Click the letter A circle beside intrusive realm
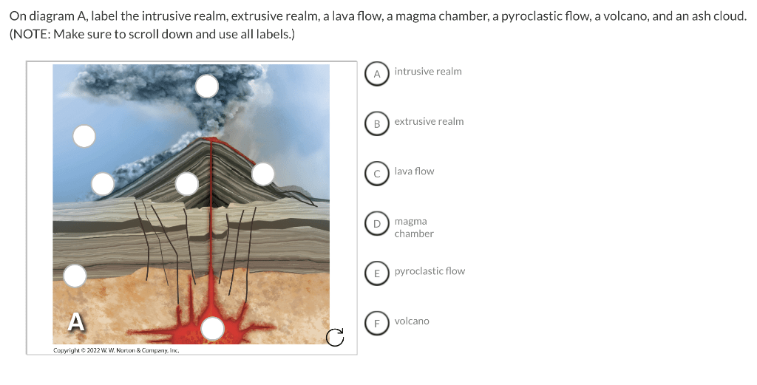pyautogui.click(x=377, y=74)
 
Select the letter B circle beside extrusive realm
pyautogui.click(x=377, y=123)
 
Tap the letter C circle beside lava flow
pyautogui.click(x=377, y=174)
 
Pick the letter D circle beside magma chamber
pyautogui.click(x=377, y=223)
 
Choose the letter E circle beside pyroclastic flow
pyautogui.click(x=377, y=273)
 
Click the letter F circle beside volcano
pyautogui.click(x=377, y=323)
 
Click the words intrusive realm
pyautogui.click(x=427, y=72)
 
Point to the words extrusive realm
pyautogui.click(x=429, y=121)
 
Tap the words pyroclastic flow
pyautogui.click(x=430, y=271)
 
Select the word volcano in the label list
pyautogui.click(x=411, y=321)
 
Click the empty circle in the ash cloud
pyautogui.click(x=207, y=86)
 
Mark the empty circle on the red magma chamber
pyautogui.click(x=213, y=328)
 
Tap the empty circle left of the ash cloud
pyautogui.click(x=84, y=135)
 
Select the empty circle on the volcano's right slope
pyautogui.click(x=262, y=173)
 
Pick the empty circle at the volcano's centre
pyautogui.click(x=187, y=183)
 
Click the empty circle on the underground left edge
pyautogui.click(x=74, y=276)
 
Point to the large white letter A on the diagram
pyautogui.click(x=75, y=322)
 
